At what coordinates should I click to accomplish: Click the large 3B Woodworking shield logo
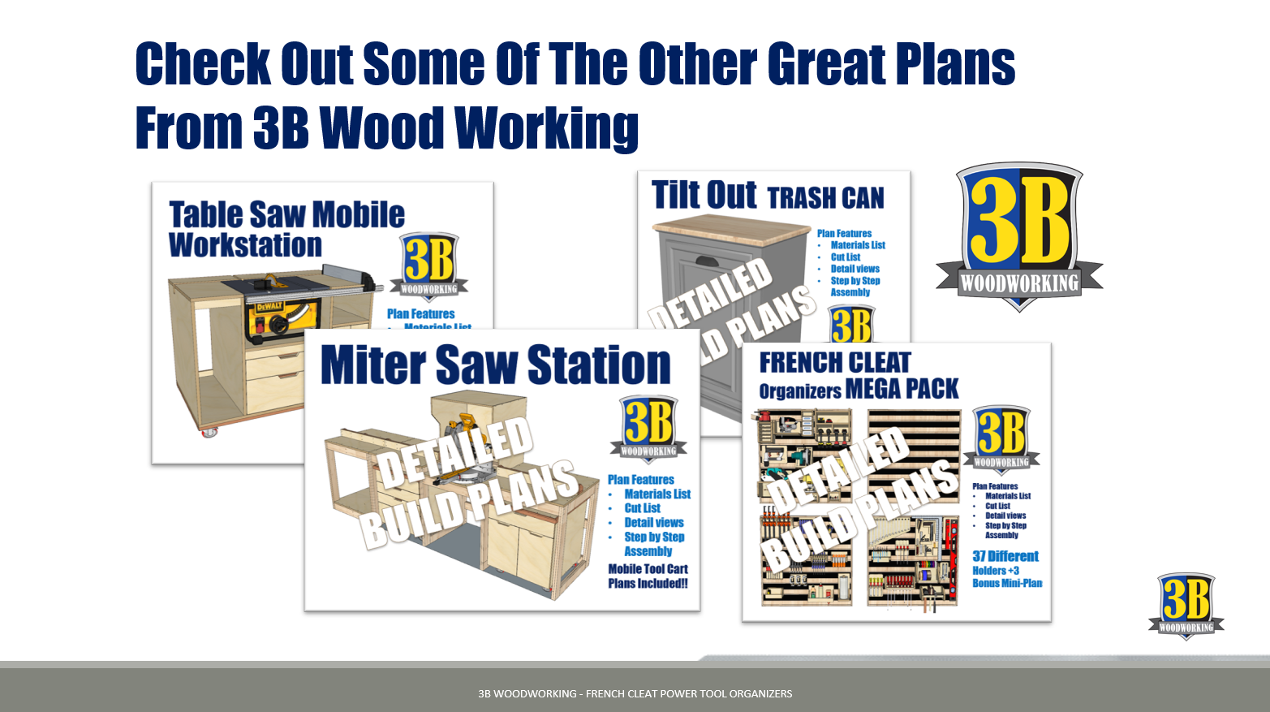(1019, 235)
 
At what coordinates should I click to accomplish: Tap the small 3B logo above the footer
(1186, 605)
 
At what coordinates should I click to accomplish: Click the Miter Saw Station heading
(495, 365)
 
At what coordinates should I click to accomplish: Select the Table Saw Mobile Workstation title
(286, 229)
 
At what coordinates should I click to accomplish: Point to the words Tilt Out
(704, 196)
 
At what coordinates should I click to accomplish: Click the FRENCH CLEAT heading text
(834, 362)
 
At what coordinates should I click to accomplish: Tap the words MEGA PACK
(902, 390)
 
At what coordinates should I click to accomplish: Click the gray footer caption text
(635, 693)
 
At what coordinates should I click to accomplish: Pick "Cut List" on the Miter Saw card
(642, 508)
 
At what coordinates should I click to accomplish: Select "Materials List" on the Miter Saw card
(657, 494)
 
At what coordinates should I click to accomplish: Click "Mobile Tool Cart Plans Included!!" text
(648, 576)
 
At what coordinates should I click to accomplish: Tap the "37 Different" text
(1005, 556)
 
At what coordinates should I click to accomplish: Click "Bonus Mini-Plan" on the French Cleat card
(1007, 583)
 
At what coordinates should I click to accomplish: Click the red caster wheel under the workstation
(209, 432)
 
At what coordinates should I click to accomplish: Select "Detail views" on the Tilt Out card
(855, 269)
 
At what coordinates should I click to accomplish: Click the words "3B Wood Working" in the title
(446, 128)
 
